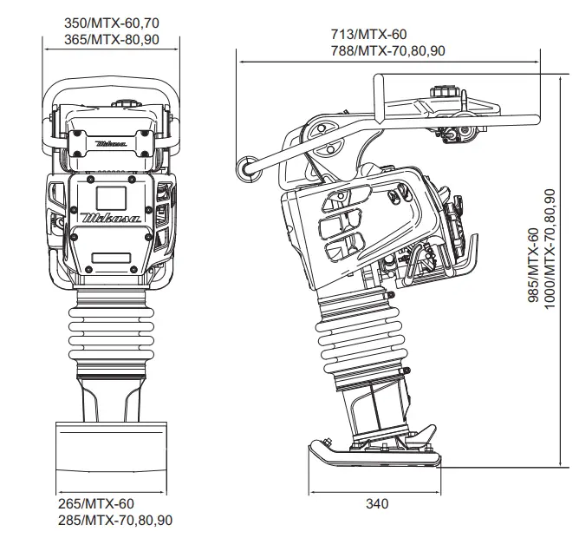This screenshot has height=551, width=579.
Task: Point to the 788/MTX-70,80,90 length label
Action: (388, 50)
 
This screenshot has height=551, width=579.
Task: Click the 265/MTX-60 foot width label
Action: (96, 503)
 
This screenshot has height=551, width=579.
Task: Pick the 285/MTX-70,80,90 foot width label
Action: (115, 520)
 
